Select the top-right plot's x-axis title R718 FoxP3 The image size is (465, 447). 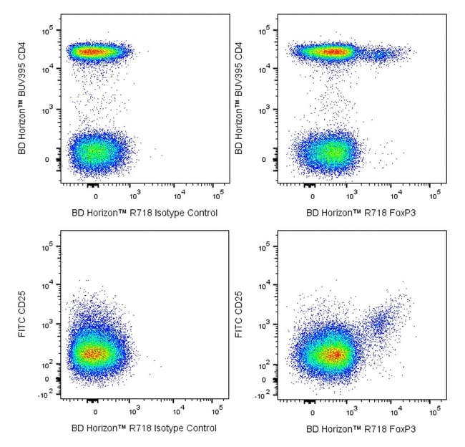coord(361,213)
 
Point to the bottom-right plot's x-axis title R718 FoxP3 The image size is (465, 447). coord(361,428)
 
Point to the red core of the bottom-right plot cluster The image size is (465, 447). coord(333,354)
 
